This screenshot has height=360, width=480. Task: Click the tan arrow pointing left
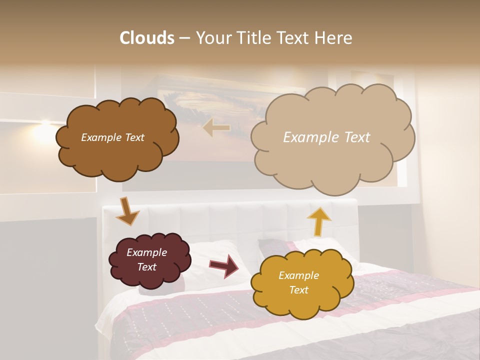point(216,128)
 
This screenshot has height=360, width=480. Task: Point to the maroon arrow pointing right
point(224,265)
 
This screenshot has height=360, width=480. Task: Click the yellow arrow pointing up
point(319,221)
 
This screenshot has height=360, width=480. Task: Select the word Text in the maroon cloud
point(147,267)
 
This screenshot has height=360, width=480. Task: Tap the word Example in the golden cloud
point(298,275)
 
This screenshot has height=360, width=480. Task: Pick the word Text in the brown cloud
point(134,137)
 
